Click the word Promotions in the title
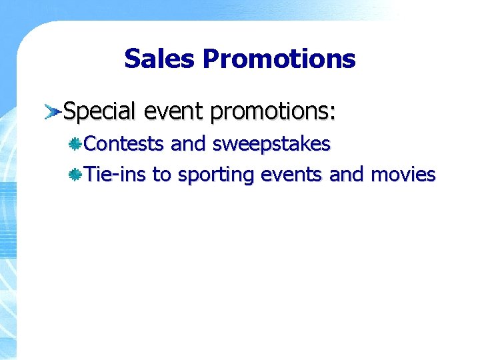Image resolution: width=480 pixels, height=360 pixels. (279, 59)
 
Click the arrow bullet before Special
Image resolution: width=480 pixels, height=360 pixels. (52, 111)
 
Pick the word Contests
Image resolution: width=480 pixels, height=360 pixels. (125, 143)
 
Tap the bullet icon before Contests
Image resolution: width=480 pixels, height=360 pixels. (76, 143)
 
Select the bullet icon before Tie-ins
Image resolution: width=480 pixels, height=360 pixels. (76, 175)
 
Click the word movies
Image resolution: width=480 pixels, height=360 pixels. (403, 175)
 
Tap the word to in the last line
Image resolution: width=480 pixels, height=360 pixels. (161, 175)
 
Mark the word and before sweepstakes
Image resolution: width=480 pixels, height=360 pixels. (189, 143)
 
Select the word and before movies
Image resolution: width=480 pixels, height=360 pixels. (347, 175)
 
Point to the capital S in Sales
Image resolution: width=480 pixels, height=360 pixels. (132, 59)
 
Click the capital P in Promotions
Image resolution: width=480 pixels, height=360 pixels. (211, 59)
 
